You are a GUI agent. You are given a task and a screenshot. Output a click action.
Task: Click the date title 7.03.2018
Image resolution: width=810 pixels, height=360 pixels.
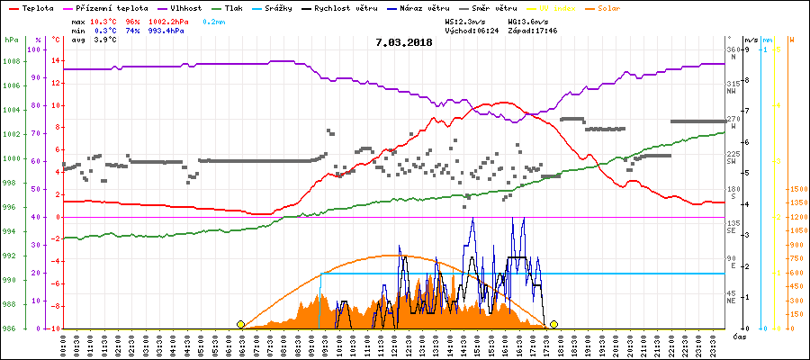coord(404,41)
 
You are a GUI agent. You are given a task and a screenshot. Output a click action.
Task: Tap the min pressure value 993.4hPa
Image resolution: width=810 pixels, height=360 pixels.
coord(166,30)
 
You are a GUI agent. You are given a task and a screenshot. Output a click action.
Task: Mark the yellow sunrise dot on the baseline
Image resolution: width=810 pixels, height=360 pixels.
coord(240,324)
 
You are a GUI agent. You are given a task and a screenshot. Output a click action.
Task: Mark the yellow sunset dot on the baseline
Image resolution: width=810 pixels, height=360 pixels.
coord(553,324)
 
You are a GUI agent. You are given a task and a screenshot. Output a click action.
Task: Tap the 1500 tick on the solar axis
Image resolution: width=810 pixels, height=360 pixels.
coord(796,190)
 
